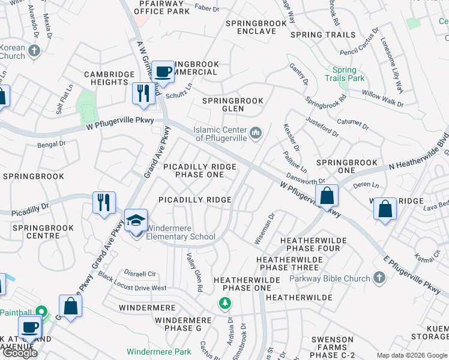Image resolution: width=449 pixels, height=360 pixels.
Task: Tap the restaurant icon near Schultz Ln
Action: tap(143, 94)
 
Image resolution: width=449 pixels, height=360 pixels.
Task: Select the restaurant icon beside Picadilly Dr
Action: tap(104, 202)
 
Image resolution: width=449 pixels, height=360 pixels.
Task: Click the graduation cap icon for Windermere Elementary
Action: tap(136, 220)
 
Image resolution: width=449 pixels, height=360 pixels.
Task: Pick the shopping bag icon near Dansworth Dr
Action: tap(327, 196)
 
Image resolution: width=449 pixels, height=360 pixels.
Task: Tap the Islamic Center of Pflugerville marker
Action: tap(256, 132)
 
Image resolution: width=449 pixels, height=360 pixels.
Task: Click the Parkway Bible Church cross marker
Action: tap(378, 278)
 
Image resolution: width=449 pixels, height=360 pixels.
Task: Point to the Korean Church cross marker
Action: tap(34, 50)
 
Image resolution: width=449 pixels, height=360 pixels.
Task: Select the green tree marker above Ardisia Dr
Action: tap(224, 304)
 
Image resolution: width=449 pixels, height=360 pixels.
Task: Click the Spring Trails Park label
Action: tap(345, 74)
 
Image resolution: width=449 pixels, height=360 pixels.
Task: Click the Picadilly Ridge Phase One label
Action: tap(199, 170)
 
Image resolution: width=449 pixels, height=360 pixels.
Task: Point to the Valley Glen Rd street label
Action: tap(193, 272)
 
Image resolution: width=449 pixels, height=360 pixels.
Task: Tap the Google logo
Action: tap(19, 353)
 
